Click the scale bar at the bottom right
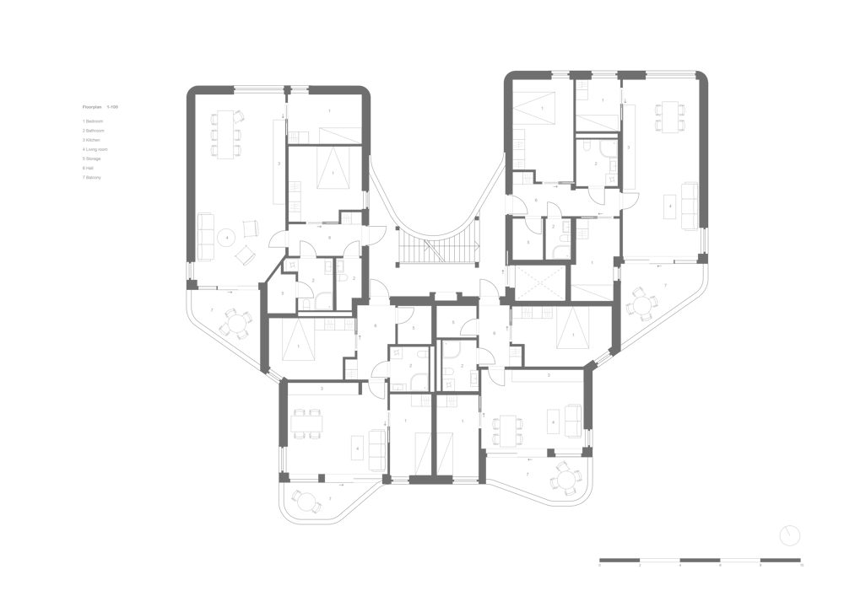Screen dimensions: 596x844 tap(701, 561)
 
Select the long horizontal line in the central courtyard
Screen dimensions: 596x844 tap(437, 265)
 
